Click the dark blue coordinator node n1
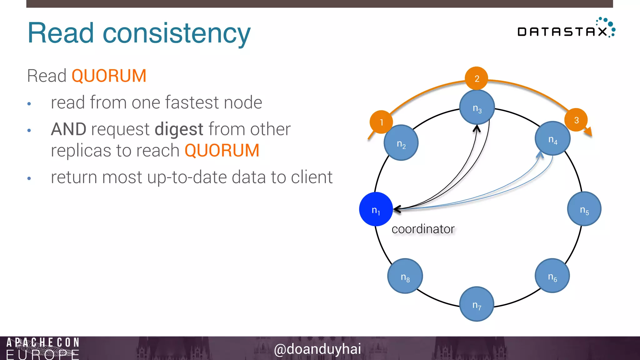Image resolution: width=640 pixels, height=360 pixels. pyautogui.click(x=376, y=209)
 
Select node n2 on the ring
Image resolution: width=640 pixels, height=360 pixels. pyautogui.click(x=401, y=143)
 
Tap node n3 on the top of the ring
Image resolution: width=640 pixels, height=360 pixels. pyautogui.click(x=477, y=107)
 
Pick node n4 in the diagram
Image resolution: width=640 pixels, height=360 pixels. pyautogui.click(x=552, y=138)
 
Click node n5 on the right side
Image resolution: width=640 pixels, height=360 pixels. pyautogui.click(x=584, y=209)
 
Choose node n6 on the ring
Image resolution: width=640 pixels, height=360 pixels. pyautogui.click(x=552, y=276)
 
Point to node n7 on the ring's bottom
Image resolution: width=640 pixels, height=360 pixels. pyautogui.click(x=477, y=304)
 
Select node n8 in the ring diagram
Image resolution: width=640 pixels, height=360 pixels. pyautogui.click(x=405, y=276)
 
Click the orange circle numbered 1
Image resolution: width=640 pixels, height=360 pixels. pyautogui.click(x=381, y=122)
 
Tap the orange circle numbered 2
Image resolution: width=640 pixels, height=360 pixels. pyautogui.click(x=477, y=78)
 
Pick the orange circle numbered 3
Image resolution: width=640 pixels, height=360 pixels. pyautogui.click(x=576, y=120)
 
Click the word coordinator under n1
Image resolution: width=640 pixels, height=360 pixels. pyautogui.click(x=423, y=229)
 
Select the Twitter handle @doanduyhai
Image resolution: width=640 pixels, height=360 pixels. pyautogui.click(x=317, y=349)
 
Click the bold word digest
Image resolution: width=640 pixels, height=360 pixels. pyautogui.click(x=179, y=129)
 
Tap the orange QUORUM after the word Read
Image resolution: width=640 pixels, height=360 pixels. pyautogui.click(x=109, y=76)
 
